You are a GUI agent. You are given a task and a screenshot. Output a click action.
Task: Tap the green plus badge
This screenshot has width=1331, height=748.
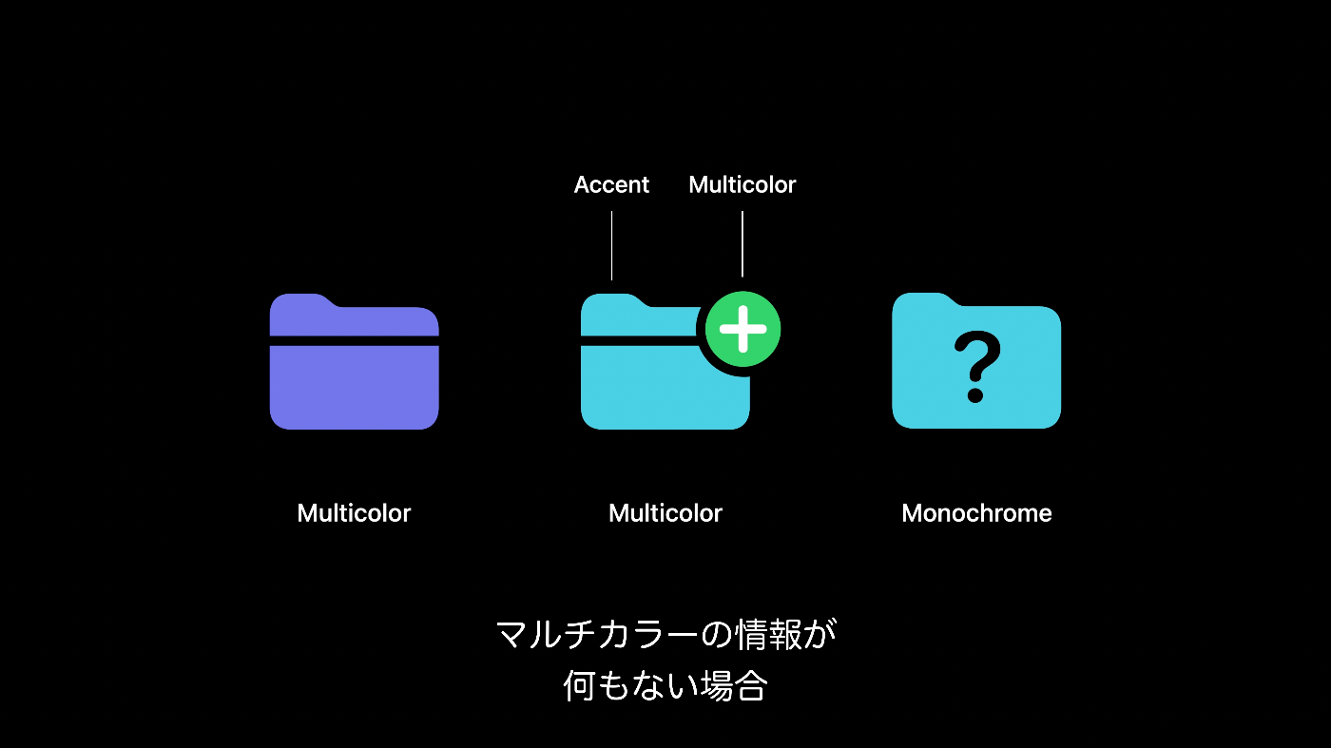pyautogui.click(x=743, y=329)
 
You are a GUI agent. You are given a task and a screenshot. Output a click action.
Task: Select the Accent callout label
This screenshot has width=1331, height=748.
pyautogui.click(x=611, y=184)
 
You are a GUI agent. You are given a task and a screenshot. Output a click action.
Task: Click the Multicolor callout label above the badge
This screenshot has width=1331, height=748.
pyautogui.click(x=742, y=184)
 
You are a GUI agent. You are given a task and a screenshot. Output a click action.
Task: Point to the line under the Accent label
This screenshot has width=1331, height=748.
pyautogui.click(x=611, y=245)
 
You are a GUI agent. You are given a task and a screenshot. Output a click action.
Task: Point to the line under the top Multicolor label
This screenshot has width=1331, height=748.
pyautogui.click(x=742, y=243)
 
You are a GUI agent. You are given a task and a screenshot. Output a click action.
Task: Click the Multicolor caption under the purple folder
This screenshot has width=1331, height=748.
pyautogui.click(x=354, y=513)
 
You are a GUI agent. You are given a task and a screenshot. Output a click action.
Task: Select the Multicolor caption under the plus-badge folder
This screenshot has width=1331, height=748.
pyautogui.click(x=665, y=513)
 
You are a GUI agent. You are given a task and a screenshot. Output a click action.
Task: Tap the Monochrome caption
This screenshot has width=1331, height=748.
pyautogui.click(x=976, y=513)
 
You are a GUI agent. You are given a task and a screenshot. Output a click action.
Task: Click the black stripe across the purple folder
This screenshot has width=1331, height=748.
pyautogui.click(x=354, y=340)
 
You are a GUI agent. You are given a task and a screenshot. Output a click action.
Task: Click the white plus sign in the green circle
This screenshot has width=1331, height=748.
pyautogui.click(x=743, y=329)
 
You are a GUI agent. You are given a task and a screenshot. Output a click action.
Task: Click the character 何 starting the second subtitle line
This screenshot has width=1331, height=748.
pyautogui.click(x=579, y=686)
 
